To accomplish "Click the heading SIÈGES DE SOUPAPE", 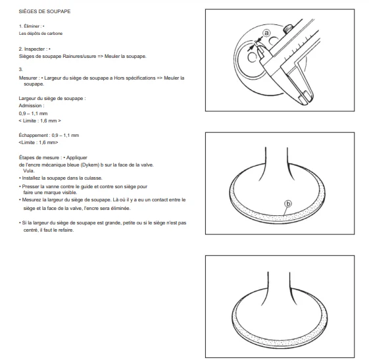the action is point(45,11).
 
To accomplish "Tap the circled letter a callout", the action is point(266,33).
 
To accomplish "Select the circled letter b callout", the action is point(288,203).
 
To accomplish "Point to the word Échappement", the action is point(34,136).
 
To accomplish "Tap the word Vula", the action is point(29,170).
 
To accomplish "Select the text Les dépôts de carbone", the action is point(41,34).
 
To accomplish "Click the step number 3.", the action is point(20,70).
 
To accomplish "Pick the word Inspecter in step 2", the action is point(35,49).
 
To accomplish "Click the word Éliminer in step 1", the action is point(32,26).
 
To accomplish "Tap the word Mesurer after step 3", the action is point(28,78).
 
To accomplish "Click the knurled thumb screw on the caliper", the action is point(287,29).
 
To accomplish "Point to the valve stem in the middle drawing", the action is point(276,163).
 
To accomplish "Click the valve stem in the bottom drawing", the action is point(279,287).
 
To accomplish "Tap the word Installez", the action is point(31,178).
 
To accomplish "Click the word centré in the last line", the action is point(31,230).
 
